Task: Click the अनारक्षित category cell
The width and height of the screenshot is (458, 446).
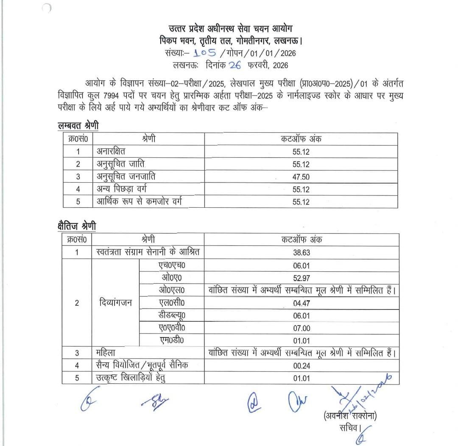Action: click(x=111, y=151)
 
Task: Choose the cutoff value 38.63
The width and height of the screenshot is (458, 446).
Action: click(x=302, y=252)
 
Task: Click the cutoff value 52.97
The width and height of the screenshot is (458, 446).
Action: click(x=302, y=278)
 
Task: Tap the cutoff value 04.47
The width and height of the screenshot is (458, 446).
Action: click(x=302, y=303)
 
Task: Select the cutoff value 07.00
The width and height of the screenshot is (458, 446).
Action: click(x=302, y=328)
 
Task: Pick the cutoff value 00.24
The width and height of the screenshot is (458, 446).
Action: click(x=302, y=365)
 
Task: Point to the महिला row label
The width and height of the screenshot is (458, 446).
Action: click(x=106, y=353)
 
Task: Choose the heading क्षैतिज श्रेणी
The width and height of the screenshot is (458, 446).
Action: click(x=77, y=226)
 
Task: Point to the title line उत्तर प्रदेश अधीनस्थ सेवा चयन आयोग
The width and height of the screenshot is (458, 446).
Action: click(x=229, y=28)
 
